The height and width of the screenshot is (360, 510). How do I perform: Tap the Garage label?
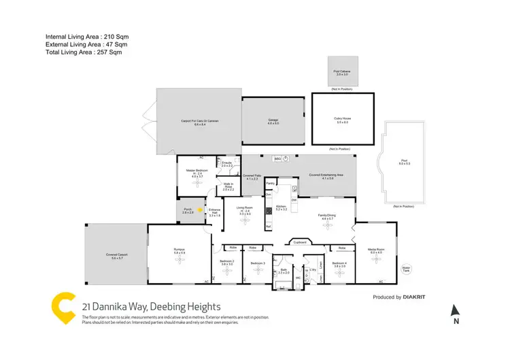click(x=273, y=120)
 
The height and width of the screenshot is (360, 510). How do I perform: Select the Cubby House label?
click(x=341, y=119)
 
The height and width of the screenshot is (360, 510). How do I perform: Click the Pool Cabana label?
click(x=341, y=70)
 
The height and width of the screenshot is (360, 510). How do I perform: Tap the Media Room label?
click(x=377, y=250)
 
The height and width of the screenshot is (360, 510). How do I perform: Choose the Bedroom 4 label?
click(x=339, y=263)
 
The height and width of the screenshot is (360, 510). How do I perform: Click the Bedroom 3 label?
click(x=257, y=263)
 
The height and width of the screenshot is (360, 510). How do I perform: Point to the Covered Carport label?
click(x=117, y=256)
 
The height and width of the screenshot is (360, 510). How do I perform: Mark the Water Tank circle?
click(x=407, y=268)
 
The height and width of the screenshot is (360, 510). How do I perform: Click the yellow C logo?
click(x=63, y=308)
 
